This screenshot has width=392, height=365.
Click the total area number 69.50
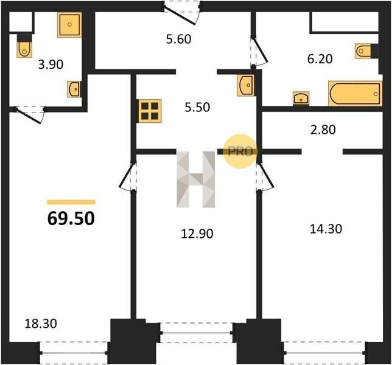coord(71,218)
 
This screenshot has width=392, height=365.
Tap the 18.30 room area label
coord(41,324)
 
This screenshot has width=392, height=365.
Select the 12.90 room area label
coord(197,234)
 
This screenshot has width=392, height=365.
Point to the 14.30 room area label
coord(326,229)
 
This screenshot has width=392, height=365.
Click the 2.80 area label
coord(323,130)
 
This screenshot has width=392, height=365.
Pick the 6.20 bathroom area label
coord(320,59)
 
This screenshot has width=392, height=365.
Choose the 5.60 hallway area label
coord(179,39)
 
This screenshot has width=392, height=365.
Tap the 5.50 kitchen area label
coord(197,108)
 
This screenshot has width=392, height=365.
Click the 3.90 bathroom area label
coord(51,64)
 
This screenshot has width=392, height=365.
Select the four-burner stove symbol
coord(150,111)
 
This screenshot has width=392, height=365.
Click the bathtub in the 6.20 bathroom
coord(355,94)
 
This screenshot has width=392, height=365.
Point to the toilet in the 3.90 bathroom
coord(24,46)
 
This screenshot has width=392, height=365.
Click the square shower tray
coord(69,25)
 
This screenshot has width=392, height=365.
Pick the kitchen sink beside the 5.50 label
coord(246,85)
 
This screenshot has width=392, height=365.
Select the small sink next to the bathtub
coord(301,98)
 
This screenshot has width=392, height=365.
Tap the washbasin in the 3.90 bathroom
coord(74,89)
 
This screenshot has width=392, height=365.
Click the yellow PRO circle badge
coord(240,151)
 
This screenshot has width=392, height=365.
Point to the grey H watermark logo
coord(196,179)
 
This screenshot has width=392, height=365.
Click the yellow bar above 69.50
coord(71,202)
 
